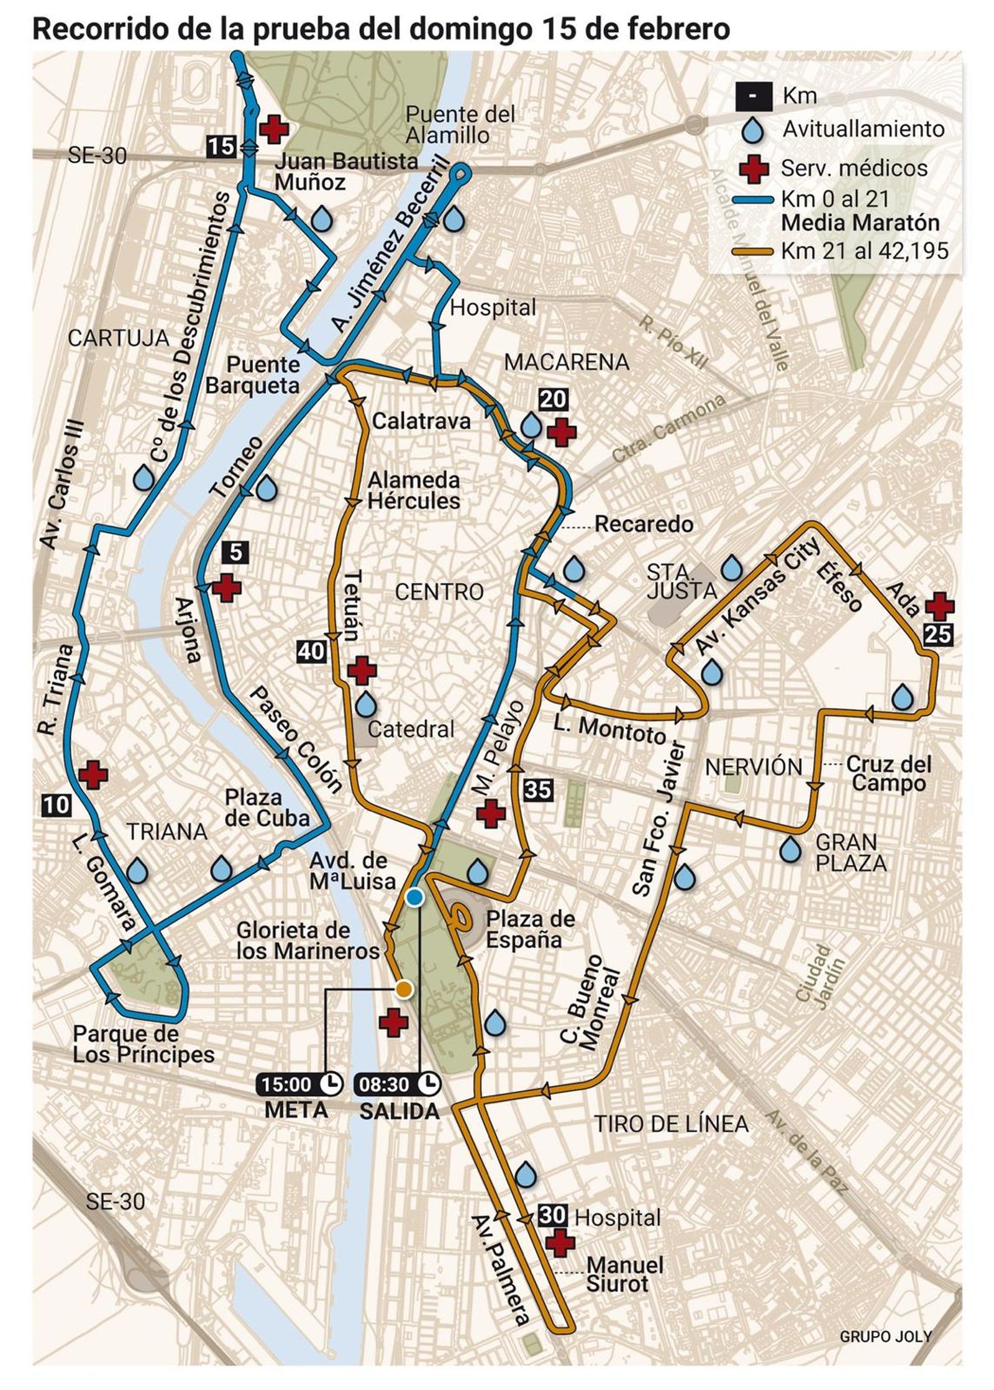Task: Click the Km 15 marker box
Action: pyautogui.click(x=221, y=147)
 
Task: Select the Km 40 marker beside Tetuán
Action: pyautogui.click(x=311, y=651)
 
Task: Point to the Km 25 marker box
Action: pyautogui.click(x=937, y=634)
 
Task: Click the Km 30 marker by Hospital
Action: pyautogui.click(x=552, y=1215)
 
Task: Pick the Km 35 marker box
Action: pyautogui.click(x=537, y=789)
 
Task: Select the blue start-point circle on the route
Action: pyautogui.click(x=414, y=897)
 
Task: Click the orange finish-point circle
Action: pyautogui.click(x=404, y=989)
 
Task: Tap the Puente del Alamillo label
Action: pyautogui.click(x=460, y=124)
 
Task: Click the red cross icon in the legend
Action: pyautogui.click(x=754, y=168)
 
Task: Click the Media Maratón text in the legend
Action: pyautogui.click(x=860, y=222)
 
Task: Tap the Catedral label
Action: pyautogui.click(x=411, y=729)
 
